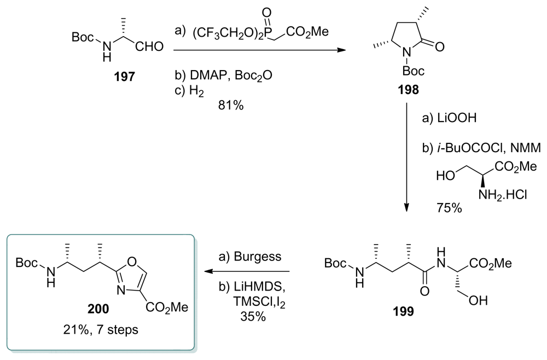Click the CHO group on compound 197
coord(149,47)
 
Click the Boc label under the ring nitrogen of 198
coord(413,71)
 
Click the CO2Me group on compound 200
coord(166,307)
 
